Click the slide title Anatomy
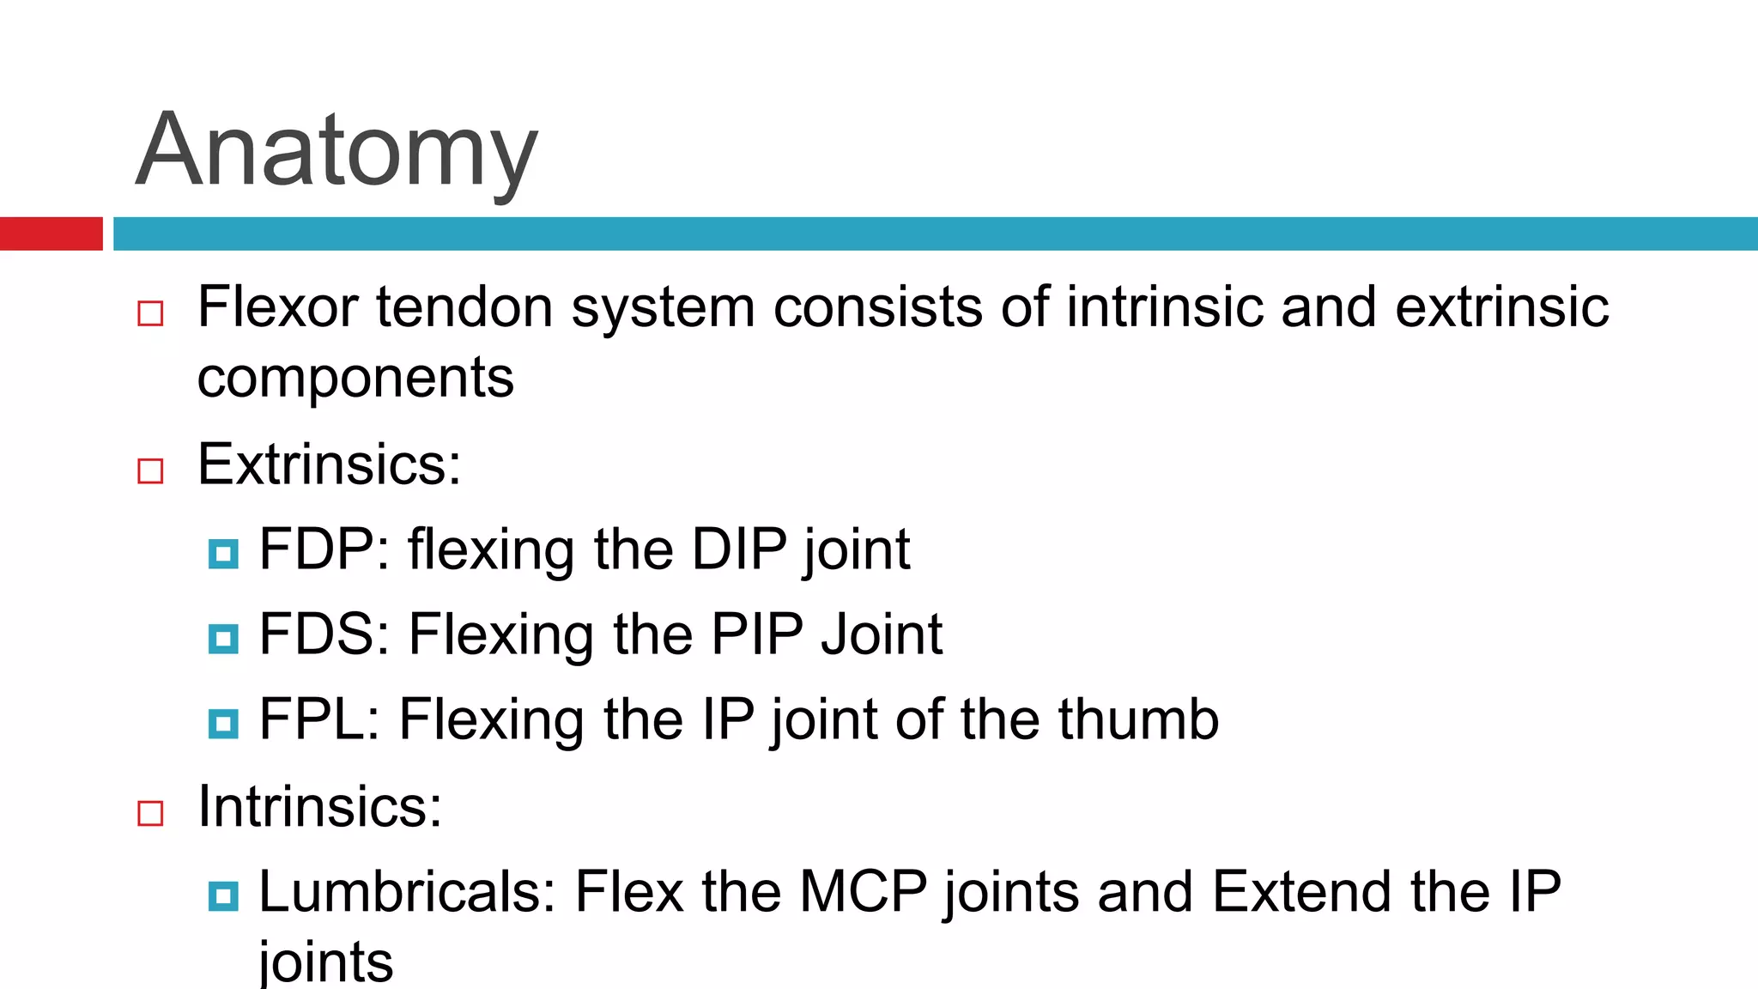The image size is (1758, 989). tap(336, 151)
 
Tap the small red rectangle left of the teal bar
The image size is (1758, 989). tap(51, 234)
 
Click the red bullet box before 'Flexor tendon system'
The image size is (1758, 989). tap(150, 313)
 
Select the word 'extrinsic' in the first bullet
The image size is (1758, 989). tap(1501, 306)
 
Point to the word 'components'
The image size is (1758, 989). tap(355, 378)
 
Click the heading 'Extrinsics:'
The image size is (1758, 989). tap(329, 464)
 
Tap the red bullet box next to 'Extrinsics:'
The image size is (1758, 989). tap(150, 470)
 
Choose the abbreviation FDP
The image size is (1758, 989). tap(316, 549)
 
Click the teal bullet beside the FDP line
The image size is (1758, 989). tap(223, 554)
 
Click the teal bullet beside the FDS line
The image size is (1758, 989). tap(223, 639)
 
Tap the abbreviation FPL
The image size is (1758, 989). tap(312, 719)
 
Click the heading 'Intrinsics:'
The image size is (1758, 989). tap(319, 807)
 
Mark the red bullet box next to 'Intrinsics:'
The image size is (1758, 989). tap(150, 813)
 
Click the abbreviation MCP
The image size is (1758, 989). tap(864, 891)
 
